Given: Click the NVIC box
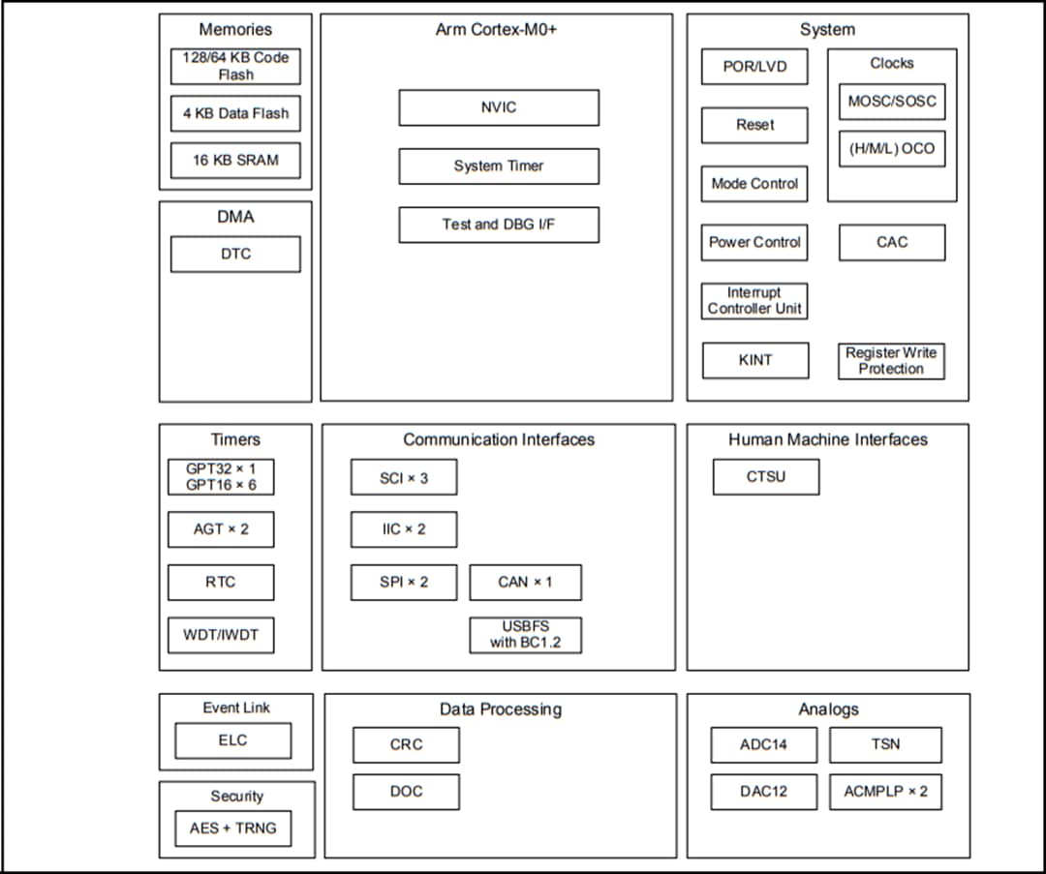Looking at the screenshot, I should tap(498, 107).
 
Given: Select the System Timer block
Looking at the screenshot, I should tap(498, 166).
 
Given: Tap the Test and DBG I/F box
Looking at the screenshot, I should tap(498, 225).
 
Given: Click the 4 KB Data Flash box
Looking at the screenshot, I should tap(235, 113).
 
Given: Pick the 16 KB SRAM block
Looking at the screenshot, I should tap(235, 161).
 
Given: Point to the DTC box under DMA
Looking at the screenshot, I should tap(235, 254).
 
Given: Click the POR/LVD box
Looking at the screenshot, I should tap(754, 67).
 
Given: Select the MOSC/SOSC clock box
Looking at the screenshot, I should tap(891, 101).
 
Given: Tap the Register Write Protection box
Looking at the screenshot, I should tap(891, 360).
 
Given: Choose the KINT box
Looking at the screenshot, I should tap(754, 360).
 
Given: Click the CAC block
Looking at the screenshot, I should tap(891, 242).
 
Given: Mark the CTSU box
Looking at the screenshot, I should tap(765, 476).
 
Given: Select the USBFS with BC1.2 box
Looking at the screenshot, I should tap(525, 635).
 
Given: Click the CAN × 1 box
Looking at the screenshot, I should tap(525, 582).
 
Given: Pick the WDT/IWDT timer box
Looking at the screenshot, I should tap(221, 636).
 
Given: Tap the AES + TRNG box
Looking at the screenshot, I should tap(232, 829).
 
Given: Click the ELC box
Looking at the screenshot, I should tap(232, 740).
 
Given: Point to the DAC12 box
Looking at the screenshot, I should tap(763, 792).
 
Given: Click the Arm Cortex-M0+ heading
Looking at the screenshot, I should tap(496, 29).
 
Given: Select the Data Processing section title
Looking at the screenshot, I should tap(500, 709).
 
